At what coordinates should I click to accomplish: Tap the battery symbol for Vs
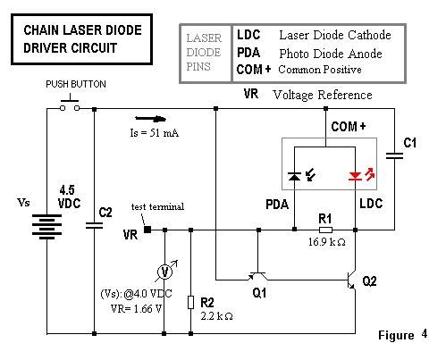[46, 226]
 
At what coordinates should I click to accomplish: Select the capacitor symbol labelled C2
[94, 225]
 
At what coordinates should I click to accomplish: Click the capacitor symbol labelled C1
[394, 155]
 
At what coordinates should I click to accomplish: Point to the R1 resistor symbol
[325, 230]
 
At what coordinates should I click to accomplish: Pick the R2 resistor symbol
[191, 302]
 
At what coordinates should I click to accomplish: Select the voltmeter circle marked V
[164, 272]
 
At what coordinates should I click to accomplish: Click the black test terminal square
[147, 230]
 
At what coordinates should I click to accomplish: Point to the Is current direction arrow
[150, 119]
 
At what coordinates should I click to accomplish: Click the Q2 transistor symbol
[352, 280]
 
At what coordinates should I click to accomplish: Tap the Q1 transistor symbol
[258, 277]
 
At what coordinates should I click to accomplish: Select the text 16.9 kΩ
[327, 242]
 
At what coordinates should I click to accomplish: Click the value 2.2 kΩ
[216, 316]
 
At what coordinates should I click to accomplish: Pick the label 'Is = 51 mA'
[155, 133]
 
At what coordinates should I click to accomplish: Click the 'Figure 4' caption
[403, 335]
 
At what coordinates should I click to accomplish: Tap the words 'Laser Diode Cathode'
[335, 35]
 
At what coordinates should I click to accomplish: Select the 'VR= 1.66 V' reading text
[136, 309]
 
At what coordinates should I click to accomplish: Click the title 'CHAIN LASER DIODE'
[82, 30]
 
